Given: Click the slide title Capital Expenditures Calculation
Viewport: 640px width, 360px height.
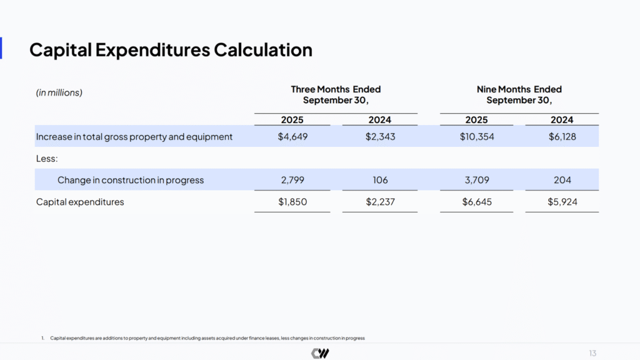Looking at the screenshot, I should [x=171, y=49].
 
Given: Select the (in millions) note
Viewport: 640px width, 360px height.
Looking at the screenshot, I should [x=59, y=92].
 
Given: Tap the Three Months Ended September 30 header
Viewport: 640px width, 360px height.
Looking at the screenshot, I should [x=336, y=94].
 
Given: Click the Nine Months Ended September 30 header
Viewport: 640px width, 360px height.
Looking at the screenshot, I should [x=519, y=94].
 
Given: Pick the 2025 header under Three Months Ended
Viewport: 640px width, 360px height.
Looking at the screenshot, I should [x=292, y=120].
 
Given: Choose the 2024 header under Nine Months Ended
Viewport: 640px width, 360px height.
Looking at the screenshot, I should [x=561, y=120].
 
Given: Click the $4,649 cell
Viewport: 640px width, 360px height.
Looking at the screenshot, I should [x=292, y=136].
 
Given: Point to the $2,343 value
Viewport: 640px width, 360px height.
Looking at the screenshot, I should [x=380, y=136].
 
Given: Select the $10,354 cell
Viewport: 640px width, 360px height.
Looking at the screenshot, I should [x=476, y=136].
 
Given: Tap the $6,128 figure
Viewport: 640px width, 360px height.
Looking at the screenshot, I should [x=561, y=136].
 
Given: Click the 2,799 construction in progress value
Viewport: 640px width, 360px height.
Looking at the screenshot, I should [x=292, y=180].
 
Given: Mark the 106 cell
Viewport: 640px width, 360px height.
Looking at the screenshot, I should [x=380, y=180].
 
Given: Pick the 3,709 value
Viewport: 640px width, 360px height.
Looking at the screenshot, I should [x=476, y=180].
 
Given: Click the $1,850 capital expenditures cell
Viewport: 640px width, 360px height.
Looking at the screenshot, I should [x=292, y=202].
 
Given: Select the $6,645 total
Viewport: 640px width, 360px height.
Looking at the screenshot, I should [x=476, y=202].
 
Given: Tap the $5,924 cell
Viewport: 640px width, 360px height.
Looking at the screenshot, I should [x=561, y=202].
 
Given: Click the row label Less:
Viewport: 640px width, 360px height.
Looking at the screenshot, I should [x=47, y=159].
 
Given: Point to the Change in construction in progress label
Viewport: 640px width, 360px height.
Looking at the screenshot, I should [x=131, y=180].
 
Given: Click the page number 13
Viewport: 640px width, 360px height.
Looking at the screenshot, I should [x=592, y=353].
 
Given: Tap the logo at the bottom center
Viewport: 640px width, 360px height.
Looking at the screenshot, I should [x=320, y=353].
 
